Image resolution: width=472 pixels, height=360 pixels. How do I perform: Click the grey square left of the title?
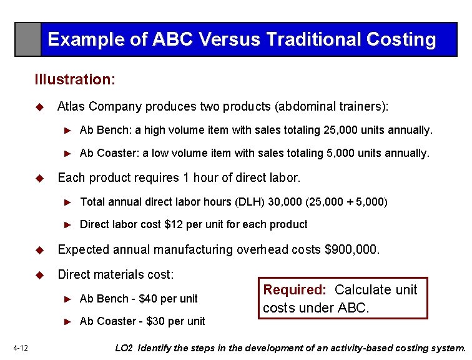(28, 39)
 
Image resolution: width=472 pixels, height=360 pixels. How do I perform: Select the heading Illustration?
(75, 79)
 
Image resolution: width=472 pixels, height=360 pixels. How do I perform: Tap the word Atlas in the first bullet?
(71, 106)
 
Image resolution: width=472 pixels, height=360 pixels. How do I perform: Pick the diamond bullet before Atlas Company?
(41, 107)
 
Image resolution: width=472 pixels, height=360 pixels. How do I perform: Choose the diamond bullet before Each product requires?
(41, 178)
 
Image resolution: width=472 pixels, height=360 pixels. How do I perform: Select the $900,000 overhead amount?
(352, 250)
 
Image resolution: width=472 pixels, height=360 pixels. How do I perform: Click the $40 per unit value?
(147, 299)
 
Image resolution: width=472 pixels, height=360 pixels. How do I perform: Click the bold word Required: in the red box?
(295, 290)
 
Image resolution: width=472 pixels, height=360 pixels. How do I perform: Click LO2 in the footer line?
(125, 348)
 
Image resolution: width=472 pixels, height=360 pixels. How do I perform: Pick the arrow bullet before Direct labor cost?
(70, 224)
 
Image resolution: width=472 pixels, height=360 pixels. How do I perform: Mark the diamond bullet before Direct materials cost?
(41, 275)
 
